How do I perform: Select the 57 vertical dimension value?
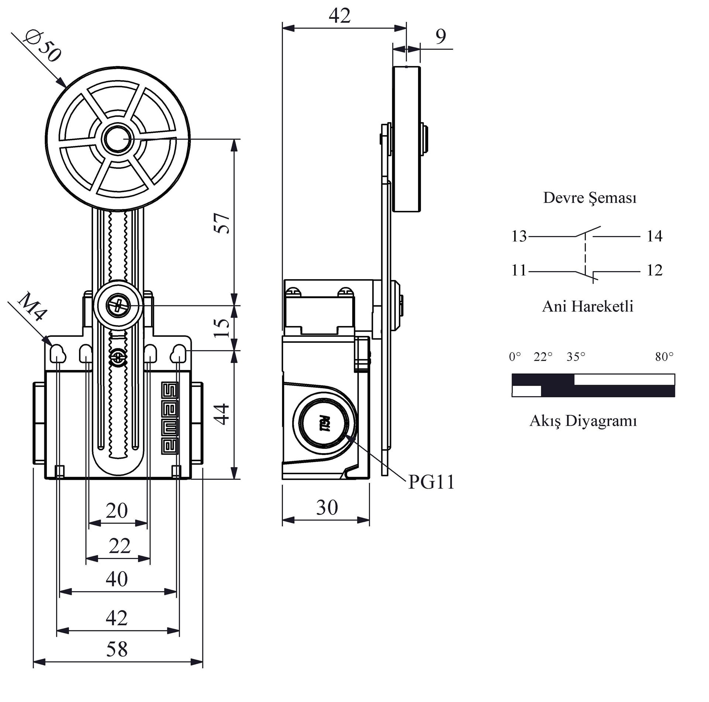[x=222, y=223]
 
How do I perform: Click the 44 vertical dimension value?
[x=222, y=414]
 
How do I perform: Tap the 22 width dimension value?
[x=120, y=546]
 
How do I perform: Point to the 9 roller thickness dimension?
[x=441, y=36]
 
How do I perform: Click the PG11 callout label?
[x=431, y=482]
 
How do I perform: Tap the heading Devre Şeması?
[x=590, y=198]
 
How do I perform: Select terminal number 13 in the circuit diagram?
[x=519, y=236]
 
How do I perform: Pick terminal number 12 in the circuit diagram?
[x=654, y=271]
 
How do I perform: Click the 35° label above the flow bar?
[x=576, y=357]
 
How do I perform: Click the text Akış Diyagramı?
[x=583, y=421]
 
